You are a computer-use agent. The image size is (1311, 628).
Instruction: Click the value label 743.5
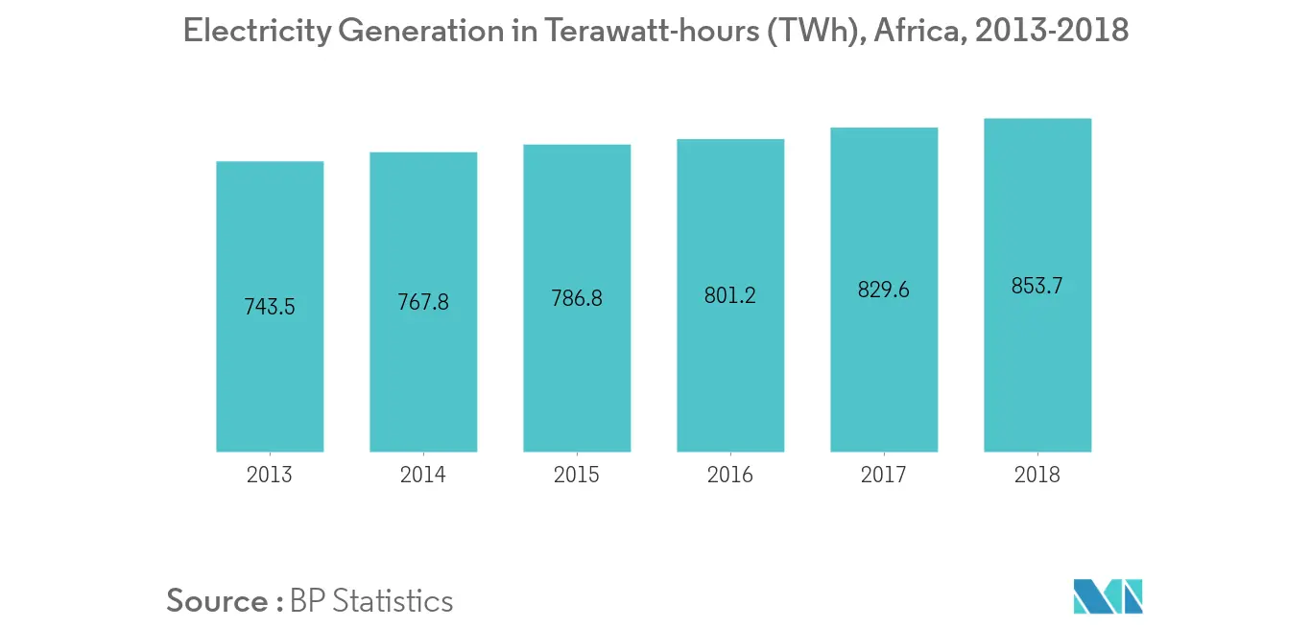(x=270, y=308)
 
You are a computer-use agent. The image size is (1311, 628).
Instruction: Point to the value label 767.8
(x=423, y=302)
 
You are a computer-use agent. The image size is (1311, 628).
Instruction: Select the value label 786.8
(x=577, y=298)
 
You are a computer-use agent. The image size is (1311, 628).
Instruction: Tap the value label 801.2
(x=730, y=295)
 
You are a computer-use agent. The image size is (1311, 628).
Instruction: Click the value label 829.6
(x=884, y=290)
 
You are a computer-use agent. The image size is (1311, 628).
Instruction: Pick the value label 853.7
(x=1037, y=286)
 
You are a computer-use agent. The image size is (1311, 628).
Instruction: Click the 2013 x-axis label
(x=270, y=475)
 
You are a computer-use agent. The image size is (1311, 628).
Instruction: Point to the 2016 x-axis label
(x=730, y=475)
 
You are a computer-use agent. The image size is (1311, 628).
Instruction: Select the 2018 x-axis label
(x=1037, y=475)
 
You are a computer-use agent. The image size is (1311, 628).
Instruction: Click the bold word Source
(x=217, y=601)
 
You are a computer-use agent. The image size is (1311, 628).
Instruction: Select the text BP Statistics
(x=370, y=601)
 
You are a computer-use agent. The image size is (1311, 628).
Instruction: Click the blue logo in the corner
(x=1108, y=596)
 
